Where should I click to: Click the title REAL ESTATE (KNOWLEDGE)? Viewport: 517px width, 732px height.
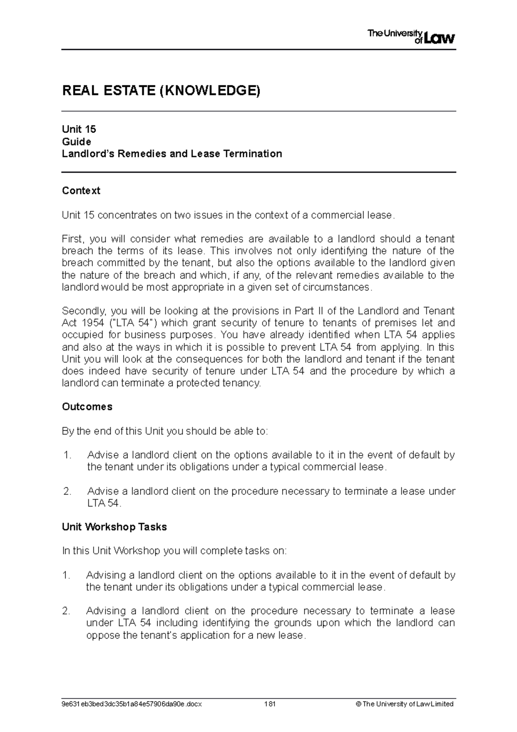(x=161, y=91)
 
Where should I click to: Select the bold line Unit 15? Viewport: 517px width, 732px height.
(x=79, y=129)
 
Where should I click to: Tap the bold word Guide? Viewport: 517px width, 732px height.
(x=76, y=141)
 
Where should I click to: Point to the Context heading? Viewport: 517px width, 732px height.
(x=81, y=191)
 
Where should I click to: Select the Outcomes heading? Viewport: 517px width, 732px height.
(x=87, y=407)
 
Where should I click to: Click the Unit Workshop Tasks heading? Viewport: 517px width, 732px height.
(x=114, y=527)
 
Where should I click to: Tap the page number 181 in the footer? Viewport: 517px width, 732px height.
(x=270, y=704)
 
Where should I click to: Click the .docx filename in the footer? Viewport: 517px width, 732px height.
(x=131, y=704)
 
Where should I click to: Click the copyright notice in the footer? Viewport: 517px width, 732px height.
(x=405, y=704)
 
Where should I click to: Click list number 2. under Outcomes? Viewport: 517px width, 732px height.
(x=67, y=491)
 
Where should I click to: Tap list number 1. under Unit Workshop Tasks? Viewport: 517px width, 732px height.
(x=66, y=575)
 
